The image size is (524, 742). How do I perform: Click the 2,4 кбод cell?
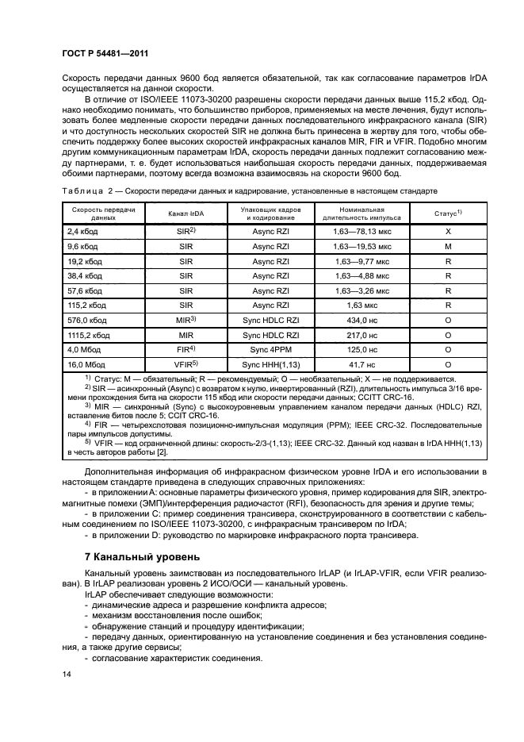81,231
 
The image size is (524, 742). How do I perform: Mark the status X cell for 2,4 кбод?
448,231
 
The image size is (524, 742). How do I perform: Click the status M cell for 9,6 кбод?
448,246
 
